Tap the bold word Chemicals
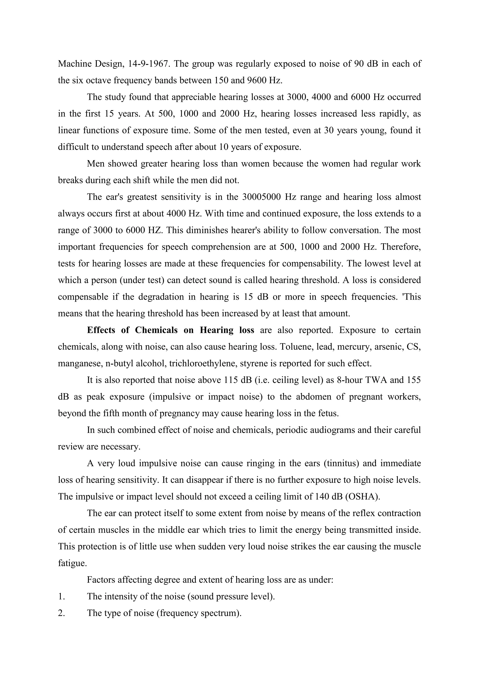(156, 330)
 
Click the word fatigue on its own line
(72, 563)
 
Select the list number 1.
(61, 597)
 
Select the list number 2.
(61, 613)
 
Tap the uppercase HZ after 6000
(155, 230)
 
